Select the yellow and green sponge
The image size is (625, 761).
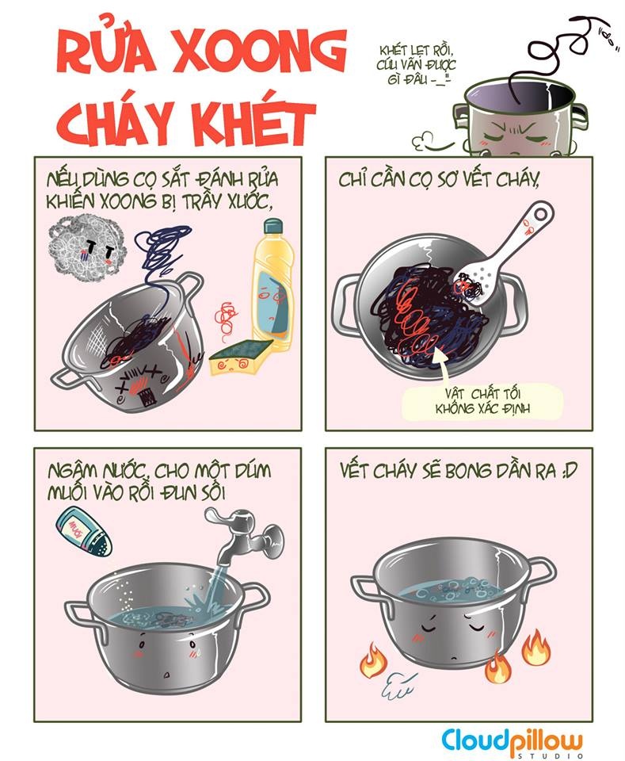pos(241,358)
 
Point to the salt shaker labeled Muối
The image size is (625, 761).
pos(83,530)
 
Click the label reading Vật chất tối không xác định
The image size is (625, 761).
pos(482,401)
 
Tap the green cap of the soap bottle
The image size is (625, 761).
pos(272,226)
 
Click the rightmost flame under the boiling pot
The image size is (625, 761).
pos(536,647)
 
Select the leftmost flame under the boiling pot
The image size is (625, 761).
pos(372,660)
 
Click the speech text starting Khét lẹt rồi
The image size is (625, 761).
pos(415,64)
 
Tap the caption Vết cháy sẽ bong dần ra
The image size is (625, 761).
pos(459,470)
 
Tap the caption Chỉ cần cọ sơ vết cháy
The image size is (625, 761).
pos(439,180)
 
